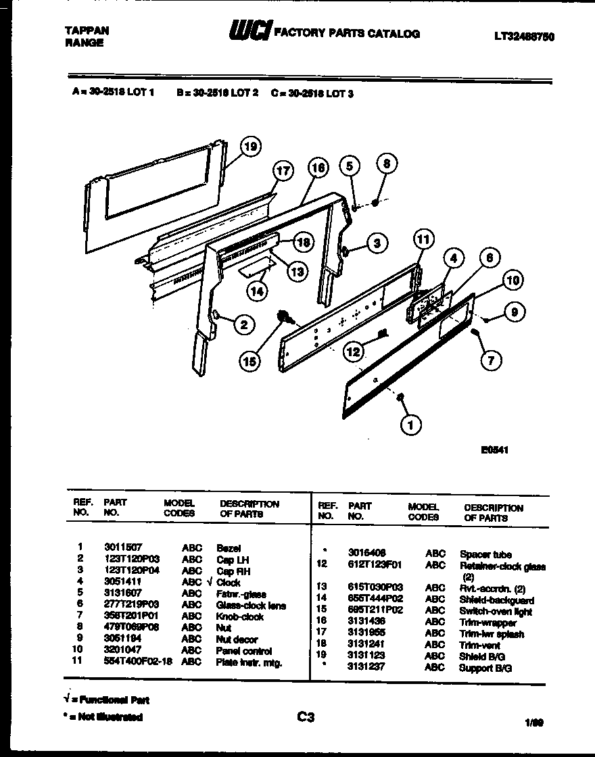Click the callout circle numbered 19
251,146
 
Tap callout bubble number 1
410,424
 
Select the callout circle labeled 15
250,361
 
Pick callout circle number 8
386,164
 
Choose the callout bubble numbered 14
257,291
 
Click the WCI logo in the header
249,32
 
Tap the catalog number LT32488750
525,37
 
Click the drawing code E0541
496,447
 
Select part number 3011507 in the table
123,548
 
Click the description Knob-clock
239,616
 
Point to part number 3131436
367,622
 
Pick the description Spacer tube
485,554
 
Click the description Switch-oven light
496,612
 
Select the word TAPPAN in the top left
87,31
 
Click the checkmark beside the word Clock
210,582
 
